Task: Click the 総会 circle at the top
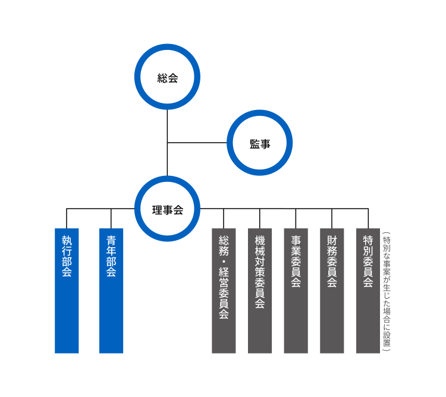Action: pyautogui.click(x=167, y=77)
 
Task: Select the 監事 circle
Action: pyautogui.click(x=259, y=143)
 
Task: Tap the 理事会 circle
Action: pyautogui.click(x=167, y=209)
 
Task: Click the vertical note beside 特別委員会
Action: pyautogui.click(x=387, y=292)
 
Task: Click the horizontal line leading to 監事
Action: pyautogui.click(x=197, y=143)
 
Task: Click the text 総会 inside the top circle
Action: pyautogui.click(x=167, y=78)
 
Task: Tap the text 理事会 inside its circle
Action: pyautogui.click(x=167, y=210)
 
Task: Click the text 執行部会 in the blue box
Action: pyautogui.click(x=67, y=256)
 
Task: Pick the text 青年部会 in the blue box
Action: pyautogui.click(x=111, y=256)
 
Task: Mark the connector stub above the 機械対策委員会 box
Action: pyautogui.click(x=260, y=218)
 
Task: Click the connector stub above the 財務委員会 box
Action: pyautogui.click(x=332, y=218)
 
